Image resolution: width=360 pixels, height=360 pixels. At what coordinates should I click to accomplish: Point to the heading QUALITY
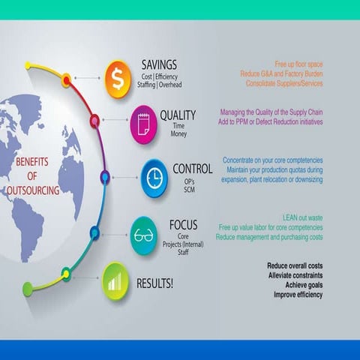[178, 115]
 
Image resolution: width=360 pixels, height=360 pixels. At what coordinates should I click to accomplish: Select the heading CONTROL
[192, 169]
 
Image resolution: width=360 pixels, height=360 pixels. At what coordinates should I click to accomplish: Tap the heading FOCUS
[183, 224]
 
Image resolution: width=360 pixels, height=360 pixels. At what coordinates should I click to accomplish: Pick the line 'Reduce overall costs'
[295, 265]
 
